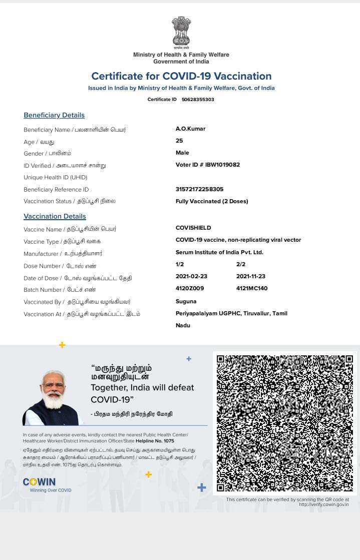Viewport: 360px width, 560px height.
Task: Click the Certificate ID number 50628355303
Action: (198, 100)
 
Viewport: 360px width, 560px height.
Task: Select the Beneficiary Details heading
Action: (54, 115)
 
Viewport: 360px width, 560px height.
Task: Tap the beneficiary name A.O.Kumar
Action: (190, 129)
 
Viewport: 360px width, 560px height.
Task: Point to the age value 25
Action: (179, 141)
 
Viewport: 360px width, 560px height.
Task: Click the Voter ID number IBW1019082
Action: (222, 165)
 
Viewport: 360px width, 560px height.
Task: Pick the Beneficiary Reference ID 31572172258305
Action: (199, 189)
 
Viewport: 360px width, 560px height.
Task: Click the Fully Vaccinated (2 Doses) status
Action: (212, 201)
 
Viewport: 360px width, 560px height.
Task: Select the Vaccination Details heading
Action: (55, 216)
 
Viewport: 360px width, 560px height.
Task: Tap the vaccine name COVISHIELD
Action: (193, 228)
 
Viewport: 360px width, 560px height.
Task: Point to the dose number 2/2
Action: (241, 264)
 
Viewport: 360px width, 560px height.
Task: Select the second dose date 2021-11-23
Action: (251, 276)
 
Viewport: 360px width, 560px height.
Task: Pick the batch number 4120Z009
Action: (190, 288)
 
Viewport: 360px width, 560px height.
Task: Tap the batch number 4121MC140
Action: (252, 288)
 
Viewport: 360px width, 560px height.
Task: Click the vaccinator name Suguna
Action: (186, 301)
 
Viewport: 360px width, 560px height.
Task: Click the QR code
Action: (284, 423)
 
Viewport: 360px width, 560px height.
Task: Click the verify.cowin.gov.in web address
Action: (323, 504)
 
